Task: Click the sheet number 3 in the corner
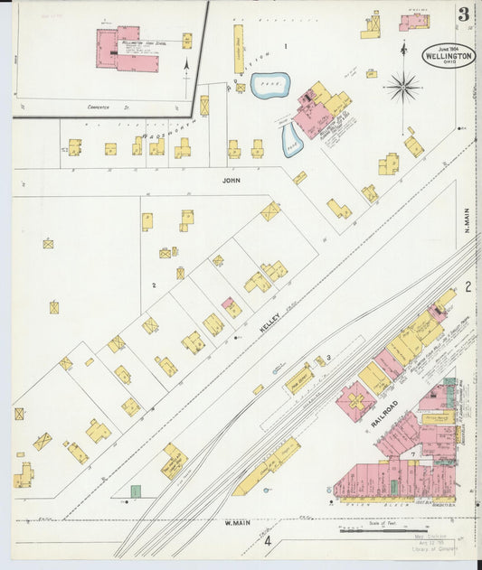(463, 14)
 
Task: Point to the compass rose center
(402, 88)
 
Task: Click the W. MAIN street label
(237, 523)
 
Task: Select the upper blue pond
(269, 86)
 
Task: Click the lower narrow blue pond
(292, 139)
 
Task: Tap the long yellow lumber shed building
(239, 49)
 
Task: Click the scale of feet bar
(383, 530)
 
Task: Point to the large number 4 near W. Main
(268, 541)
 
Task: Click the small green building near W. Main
(136, 491)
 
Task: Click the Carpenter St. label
(104, 107)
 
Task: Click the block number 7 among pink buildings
(412, 452)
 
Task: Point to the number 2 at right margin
(468, 287)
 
